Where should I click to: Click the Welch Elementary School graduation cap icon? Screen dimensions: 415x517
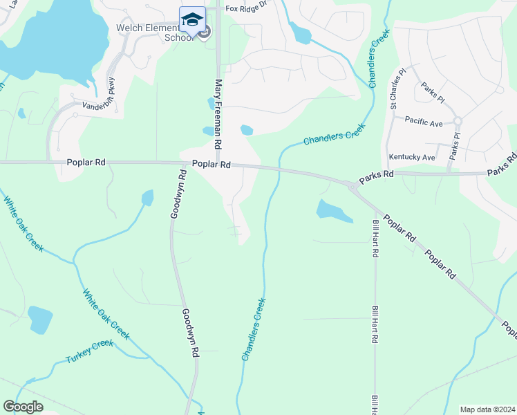click(193, 19)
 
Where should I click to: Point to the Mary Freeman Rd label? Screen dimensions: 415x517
click(218, 114)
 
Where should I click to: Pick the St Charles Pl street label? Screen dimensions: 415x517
click(396, 88)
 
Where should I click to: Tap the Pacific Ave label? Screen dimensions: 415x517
click(423, 120)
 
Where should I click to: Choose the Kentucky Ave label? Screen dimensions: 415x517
click(412, 157)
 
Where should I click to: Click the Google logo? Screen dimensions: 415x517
click(23, 407)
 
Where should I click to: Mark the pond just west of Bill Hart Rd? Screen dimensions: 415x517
click(334, 210)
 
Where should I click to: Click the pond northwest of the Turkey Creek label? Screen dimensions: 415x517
click(40, 319)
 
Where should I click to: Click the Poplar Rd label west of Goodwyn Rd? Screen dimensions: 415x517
click(86, 162)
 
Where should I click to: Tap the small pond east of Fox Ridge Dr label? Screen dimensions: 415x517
click(301, 32)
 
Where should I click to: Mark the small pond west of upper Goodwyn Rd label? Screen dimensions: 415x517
click(147, 198)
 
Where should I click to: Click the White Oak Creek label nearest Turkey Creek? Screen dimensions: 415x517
click(106, 314)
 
